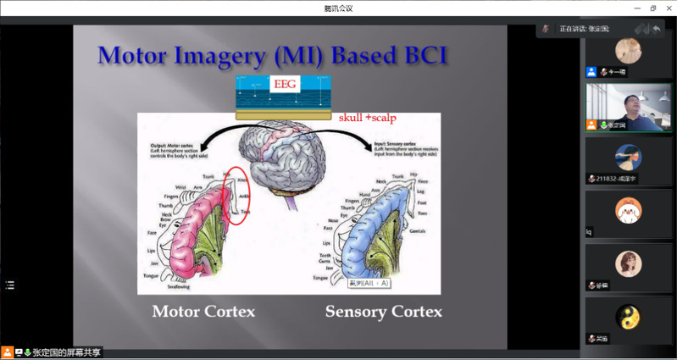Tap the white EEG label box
(283, 85)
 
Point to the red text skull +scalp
(367, 117)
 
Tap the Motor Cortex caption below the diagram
(203, 312)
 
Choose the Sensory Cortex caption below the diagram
(383, 312)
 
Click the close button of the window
(668, 8)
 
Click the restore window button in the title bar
(652, 8)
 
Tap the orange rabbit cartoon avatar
(628, 209)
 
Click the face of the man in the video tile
(632, 102)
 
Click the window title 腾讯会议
(338, 8)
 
